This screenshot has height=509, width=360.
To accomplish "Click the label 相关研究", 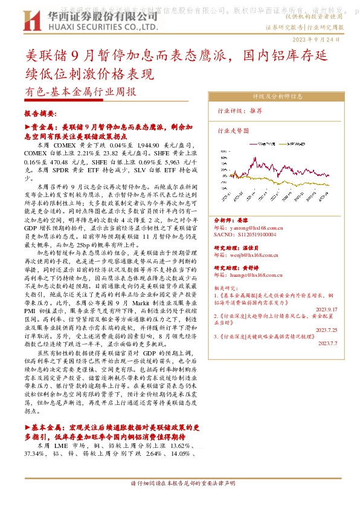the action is point(225,288).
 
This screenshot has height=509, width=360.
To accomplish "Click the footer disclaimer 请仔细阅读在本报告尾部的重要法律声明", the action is point(182,484).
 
